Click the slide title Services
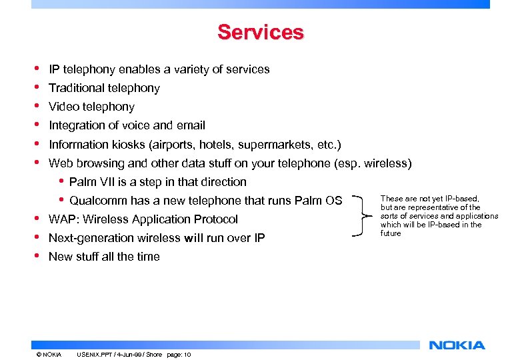coord(260,32)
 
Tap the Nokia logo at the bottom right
coord(457,345)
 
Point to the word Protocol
coord(216,219)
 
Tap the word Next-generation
coord(93,238)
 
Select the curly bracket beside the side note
coord(366,215)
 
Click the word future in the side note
coord(391,233)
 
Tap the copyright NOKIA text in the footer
coord(49,354)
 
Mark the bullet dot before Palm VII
coord(61,181)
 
